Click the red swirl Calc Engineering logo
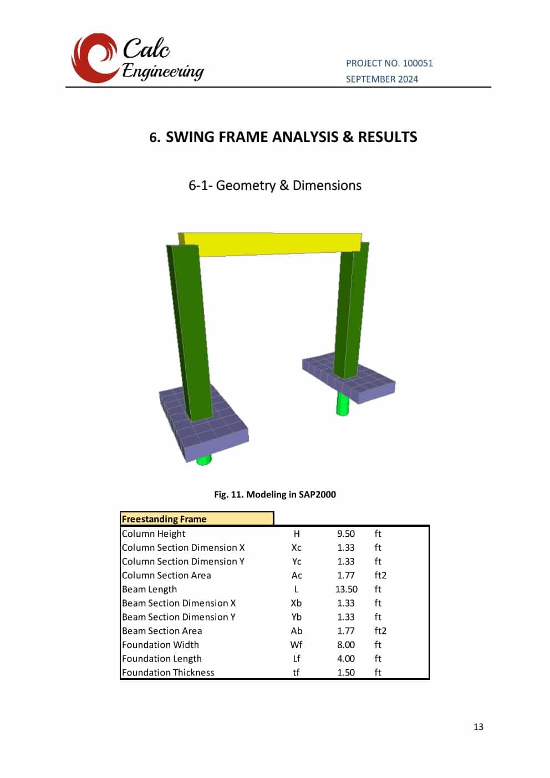(94, 58)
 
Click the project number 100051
(417, 63)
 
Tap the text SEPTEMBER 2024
(382, 79)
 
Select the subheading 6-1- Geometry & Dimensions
(275, 185)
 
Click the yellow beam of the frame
(271, 244)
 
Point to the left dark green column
(189, 332)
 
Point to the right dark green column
(351, 309)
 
